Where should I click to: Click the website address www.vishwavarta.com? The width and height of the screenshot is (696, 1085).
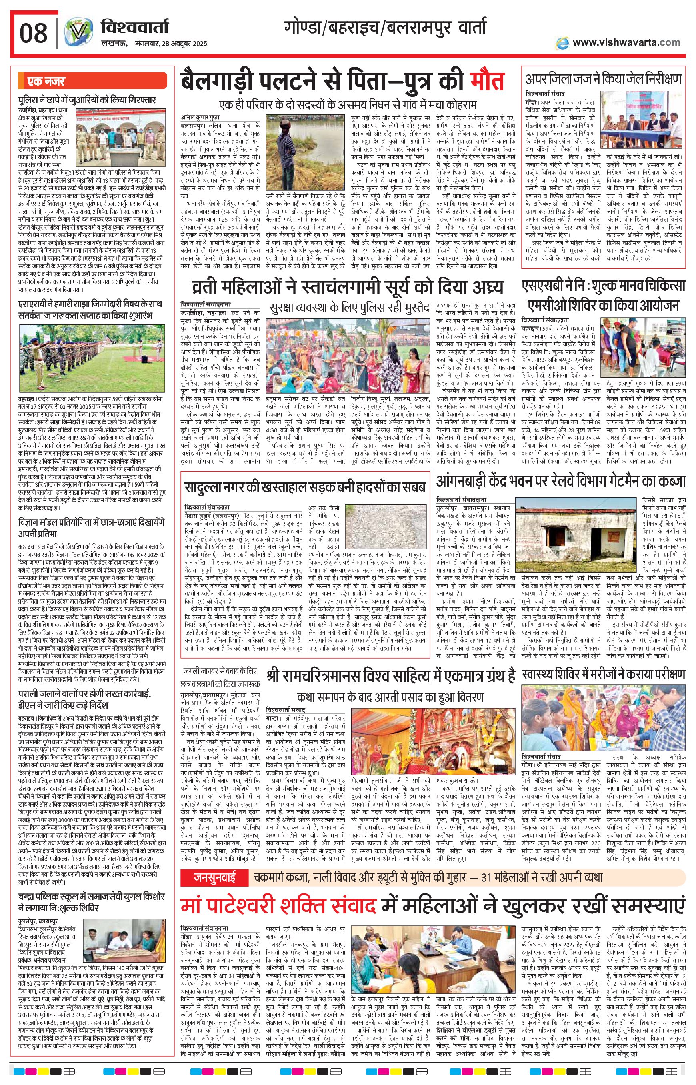[x=626, y=42]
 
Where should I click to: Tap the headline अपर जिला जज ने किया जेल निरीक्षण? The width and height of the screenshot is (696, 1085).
[x=603, y=79]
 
